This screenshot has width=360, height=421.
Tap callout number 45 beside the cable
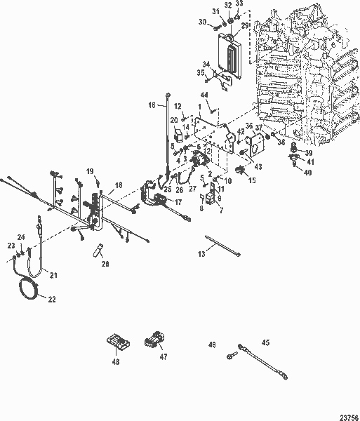click(265, 342)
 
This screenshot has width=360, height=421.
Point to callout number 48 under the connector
click(115, 362)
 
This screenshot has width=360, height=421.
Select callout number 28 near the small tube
click(105, 263)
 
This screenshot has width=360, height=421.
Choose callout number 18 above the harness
click(119, 185)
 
